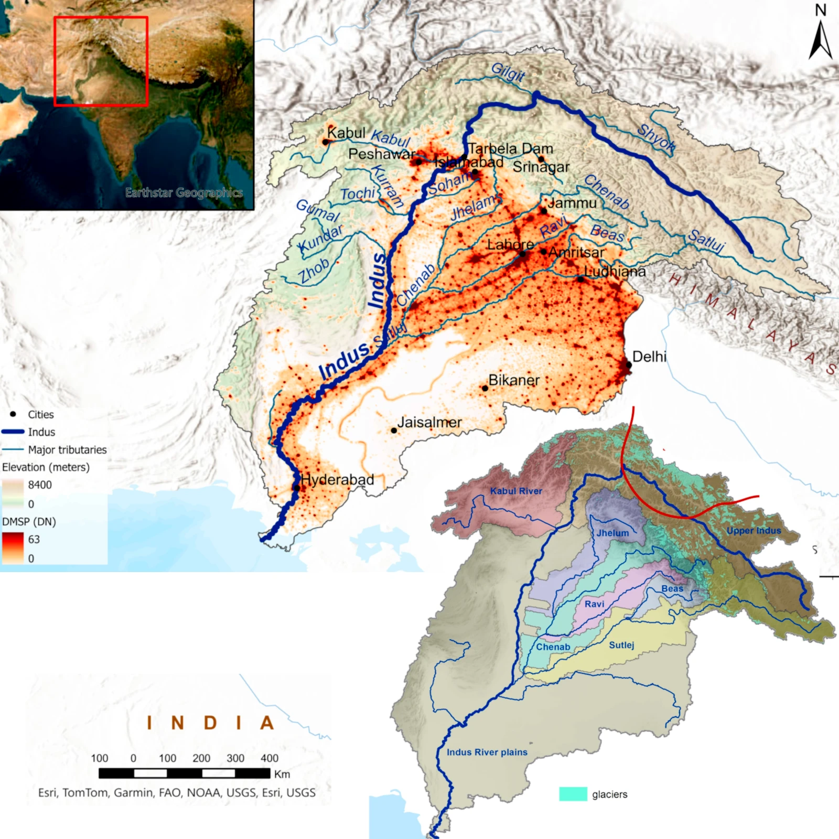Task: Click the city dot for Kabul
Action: point(325,142)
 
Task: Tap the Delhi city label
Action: point(649,357)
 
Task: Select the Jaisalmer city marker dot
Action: point(394,431)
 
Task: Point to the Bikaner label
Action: point(514,380)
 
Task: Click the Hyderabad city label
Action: point(337,479)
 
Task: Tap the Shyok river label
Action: point(656,139)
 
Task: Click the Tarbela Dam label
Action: point(510,148)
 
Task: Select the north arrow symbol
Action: point(820,39)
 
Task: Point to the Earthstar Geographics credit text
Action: point(184,192)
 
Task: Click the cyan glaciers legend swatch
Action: point(573,794)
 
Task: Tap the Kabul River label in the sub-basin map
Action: point(516,491)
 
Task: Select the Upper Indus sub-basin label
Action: point(754,531)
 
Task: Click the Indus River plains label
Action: point(487,752)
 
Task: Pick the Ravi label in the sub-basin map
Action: point(594,604)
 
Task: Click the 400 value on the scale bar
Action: point(270,758)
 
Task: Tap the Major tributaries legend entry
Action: point(67,449)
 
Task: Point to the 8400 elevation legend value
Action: point(40,485)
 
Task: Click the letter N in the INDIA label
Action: point(178,723)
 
